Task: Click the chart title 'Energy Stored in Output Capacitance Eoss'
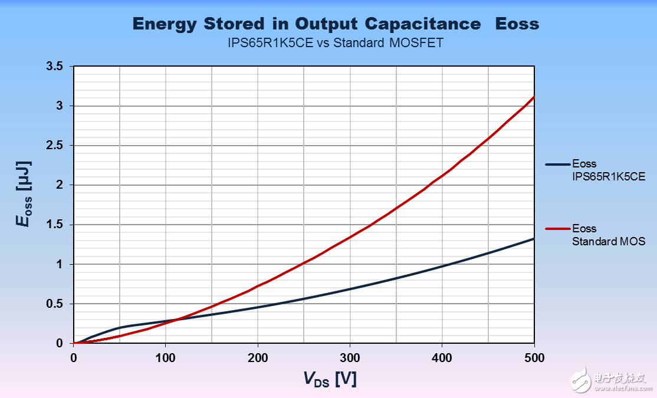(x=336, y=24)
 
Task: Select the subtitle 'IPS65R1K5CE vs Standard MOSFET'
(x=336, y=43)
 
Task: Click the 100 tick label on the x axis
(x=165, y=357)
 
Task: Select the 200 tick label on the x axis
(x=257, y=357)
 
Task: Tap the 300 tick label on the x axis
(x=350, y=357)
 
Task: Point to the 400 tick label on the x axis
(x=442, y=357)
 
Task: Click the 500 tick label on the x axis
(x=534, y=357)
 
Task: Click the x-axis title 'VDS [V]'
(x=330, y=379)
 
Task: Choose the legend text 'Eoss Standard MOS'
(x=607, y=235)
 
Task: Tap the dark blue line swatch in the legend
(x=557, y=164)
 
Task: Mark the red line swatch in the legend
(x=557, y=228)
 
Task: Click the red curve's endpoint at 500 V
(x=534, y=97)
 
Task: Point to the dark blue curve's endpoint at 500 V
(x=534, y=239)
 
